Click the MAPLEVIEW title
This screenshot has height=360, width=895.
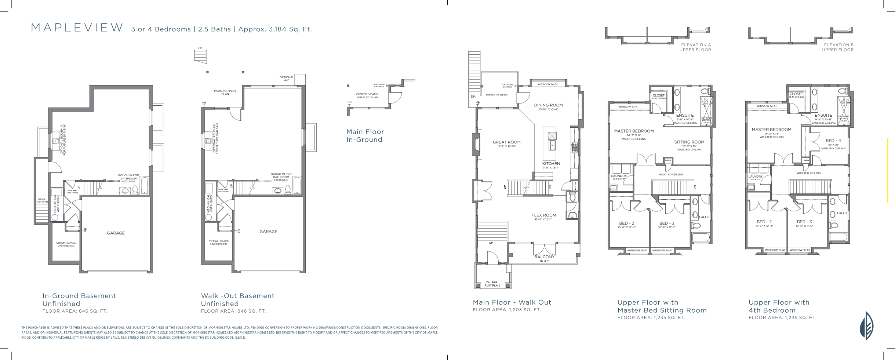[x=77, y=28]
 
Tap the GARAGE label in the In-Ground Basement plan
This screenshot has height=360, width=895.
[x=116, y=233]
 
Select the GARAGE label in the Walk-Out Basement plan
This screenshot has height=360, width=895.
[x=268, y=232]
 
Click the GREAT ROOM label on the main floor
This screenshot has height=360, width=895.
[x=506, y=142]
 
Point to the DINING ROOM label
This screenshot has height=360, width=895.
[x=548, y=105]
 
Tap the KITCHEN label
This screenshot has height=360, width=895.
[x=551, y=164]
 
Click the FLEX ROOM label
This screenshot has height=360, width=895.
[x=543, y=215]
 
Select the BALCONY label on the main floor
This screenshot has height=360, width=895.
[x=544, y=257]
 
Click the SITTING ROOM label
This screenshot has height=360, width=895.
[x=689, y=142]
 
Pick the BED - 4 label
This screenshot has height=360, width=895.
[x=833, y=141]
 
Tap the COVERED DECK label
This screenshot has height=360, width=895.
[x=496, y=95]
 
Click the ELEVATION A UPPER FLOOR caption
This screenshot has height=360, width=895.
[x=695, y=47]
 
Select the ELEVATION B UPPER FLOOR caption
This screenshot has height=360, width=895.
[x=838, y=47]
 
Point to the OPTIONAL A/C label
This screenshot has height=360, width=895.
[x=287, y=79]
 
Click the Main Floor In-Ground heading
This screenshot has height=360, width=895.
[x=365, y=135]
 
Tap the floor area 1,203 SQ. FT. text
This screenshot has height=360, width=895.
[x=507, y=310]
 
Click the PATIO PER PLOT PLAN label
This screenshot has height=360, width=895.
[x=225, y=92]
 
